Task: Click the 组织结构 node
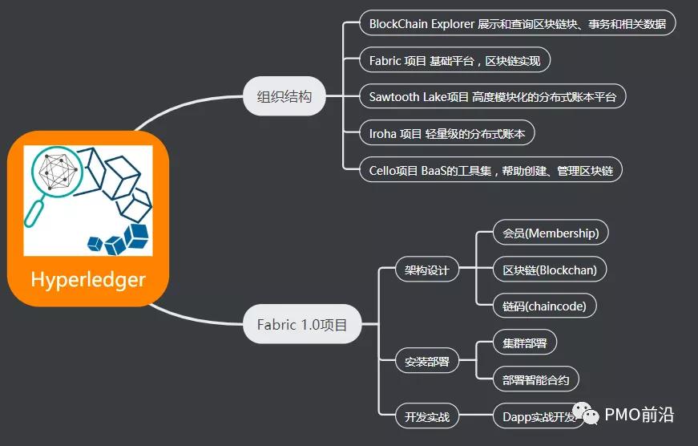[284, 97]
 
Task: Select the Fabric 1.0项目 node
[302, 325]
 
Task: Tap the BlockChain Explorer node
[517, 23]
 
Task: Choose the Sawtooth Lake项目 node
[493, 97]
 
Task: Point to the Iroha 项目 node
[447, 134]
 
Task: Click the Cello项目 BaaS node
[490, 170]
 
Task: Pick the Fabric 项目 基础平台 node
[454, 60]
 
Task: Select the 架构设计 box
[426, 270]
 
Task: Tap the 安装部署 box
[426, 361]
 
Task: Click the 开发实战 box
[426, 416]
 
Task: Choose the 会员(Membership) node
[551, 233]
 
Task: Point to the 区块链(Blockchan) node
[550, 270]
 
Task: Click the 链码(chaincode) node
[544, 306]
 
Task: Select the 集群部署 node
[525, 343]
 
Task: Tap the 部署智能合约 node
[535, 379]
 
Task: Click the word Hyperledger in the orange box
[88, 279]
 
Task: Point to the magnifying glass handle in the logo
[34, 212]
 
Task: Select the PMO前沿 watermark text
[639, 415]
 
